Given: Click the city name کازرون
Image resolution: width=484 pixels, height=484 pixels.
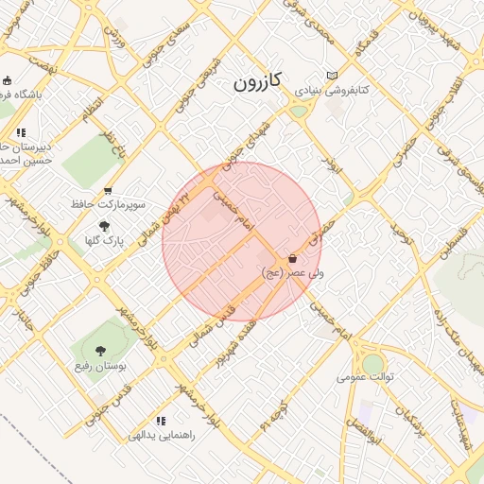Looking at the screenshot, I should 258,83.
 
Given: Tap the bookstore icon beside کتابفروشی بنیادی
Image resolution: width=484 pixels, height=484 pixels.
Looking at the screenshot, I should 331,76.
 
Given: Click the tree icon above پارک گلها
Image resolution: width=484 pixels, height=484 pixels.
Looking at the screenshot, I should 104,226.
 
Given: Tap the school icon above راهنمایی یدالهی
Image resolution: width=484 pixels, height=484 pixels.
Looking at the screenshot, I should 161,421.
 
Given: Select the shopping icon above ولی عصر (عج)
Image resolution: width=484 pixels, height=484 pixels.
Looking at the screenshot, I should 292,258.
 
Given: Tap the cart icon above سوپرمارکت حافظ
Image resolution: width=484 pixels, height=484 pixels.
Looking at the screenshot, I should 108,190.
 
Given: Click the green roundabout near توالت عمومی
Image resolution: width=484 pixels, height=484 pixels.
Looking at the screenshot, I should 373,363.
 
